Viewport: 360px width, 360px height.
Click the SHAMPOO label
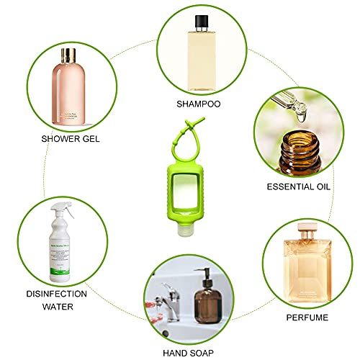click(x=198, y=104)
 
